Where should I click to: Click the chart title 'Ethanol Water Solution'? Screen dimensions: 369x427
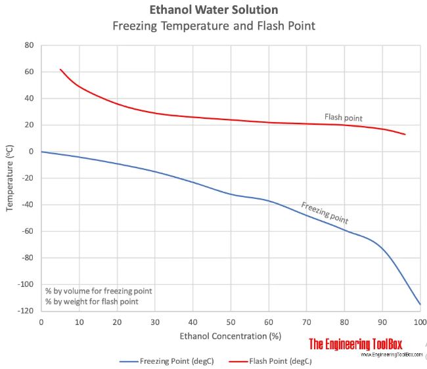pyautogui.click(x=213, y=10)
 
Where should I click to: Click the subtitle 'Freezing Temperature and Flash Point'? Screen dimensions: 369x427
pyautogui.click(x=213, y=26)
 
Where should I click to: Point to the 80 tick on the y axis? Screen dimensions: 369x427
pyautogui.click(x=29, y=45)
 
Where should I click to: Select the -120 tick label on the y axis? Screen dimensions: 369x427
pyautogui.click(x=26, y=311)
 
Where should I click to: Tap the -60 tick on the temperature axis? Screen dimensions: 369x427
pyautogui.click(x=28, y=232)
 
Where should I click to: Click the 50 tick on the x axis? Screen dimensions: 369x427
pyautogui.click(x=231, y=321)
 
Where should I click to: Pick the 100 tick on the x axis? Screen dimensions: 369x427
pyautogui.click(x=420, y=321)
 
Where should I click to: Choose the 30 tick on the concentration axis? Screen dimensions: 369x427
pyautogui.click(x=155, y=321)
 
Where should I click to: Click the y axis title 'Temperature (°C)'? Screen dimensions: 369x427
pyautogui.click(x=10, y=178)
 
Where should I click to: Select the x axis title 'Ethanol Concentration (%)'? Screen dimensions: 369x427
pyautogui.click(x=231, y=336)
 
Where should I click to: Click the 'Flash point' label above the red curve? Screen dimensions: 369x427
pyautogui.click(x=343, y=118)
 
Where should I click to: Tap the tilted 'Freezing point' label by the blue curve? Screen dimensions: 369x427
pyautogui.click(x=325, y=212)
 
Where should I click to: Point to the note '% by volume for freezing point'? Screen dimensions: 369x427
pyautogui.click(x=97, y=290)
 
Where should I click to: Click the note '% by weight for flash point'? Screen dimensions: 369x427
pyautogui.click(x=91, y=301)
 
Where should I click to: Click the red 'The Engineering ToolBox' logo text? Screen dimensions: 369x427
pyautogui.click(x=355, y=343)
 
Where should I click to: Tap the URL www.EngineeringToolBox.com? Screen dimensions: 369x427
pyautogui.click(x=391, y=355)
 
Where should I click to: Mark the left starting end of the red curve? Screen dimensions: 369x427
pyautogui.click(x=60, y=69)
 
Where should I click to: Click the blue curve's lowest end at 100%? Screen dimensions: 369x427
pyautogui.click(x=420, y=304)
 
